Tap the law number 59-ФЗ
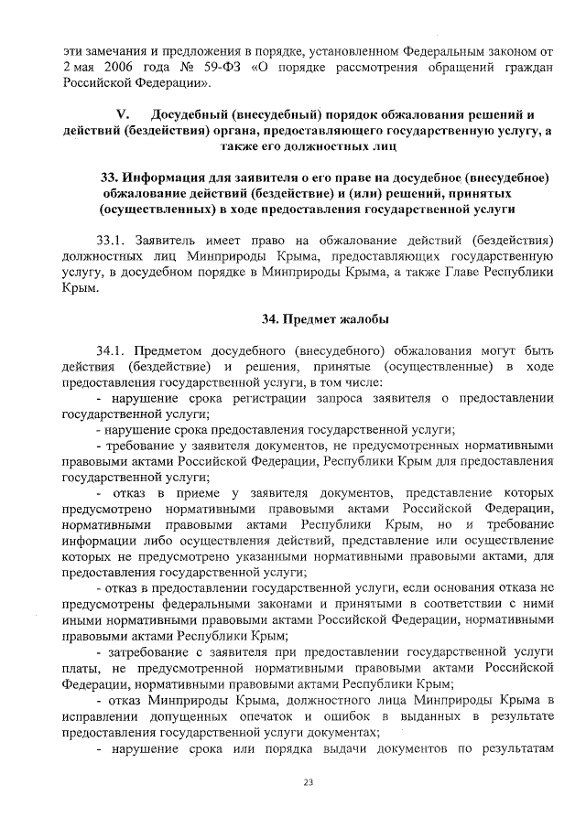pyautogui.click(x=210, y=69)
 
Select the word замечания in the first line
pyautogui.click(x=116, y=52)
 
